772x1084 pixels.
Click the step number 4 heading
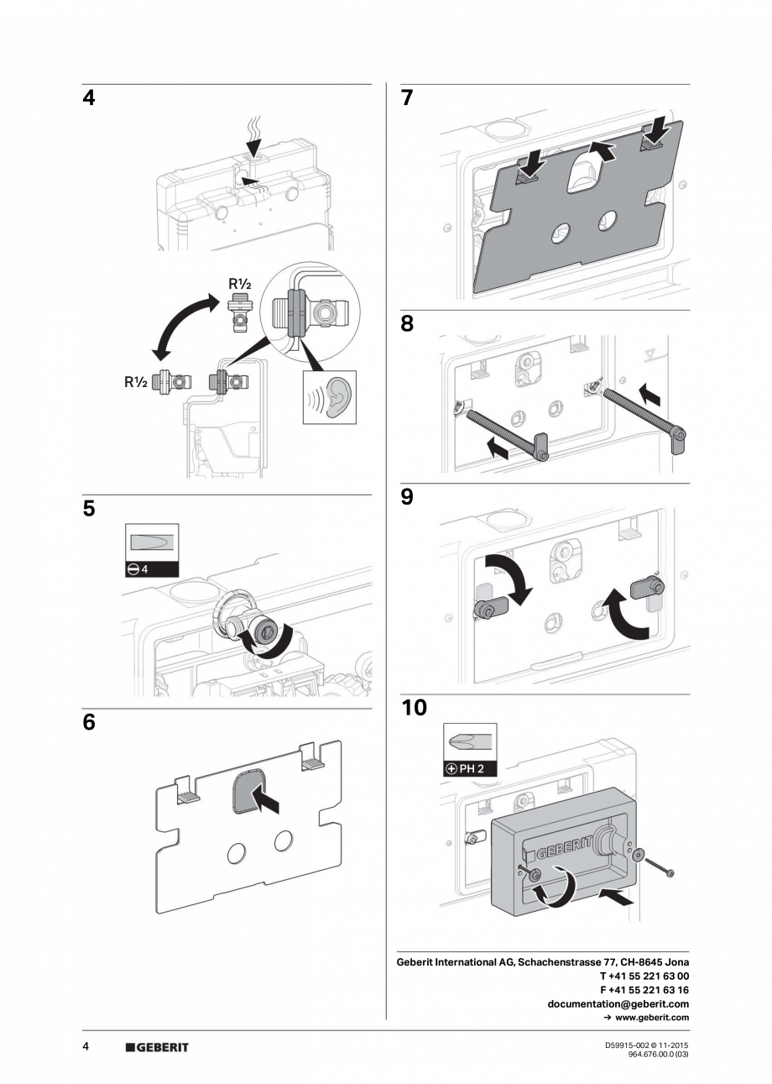[89, 98]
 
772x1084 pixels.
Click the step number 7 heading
[407, 98]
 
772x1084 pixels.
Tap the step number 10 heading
[414, 708]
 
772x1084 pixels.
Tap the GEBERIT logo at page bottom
[157, 1047]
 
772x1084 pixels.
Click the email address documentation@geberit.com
[618, 1003]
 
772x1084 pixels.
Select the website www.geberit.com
[651, 1017]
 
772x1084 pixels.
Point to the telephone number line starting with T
[644, 976]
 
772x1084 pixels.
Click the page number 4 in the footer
[86, 1046]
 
